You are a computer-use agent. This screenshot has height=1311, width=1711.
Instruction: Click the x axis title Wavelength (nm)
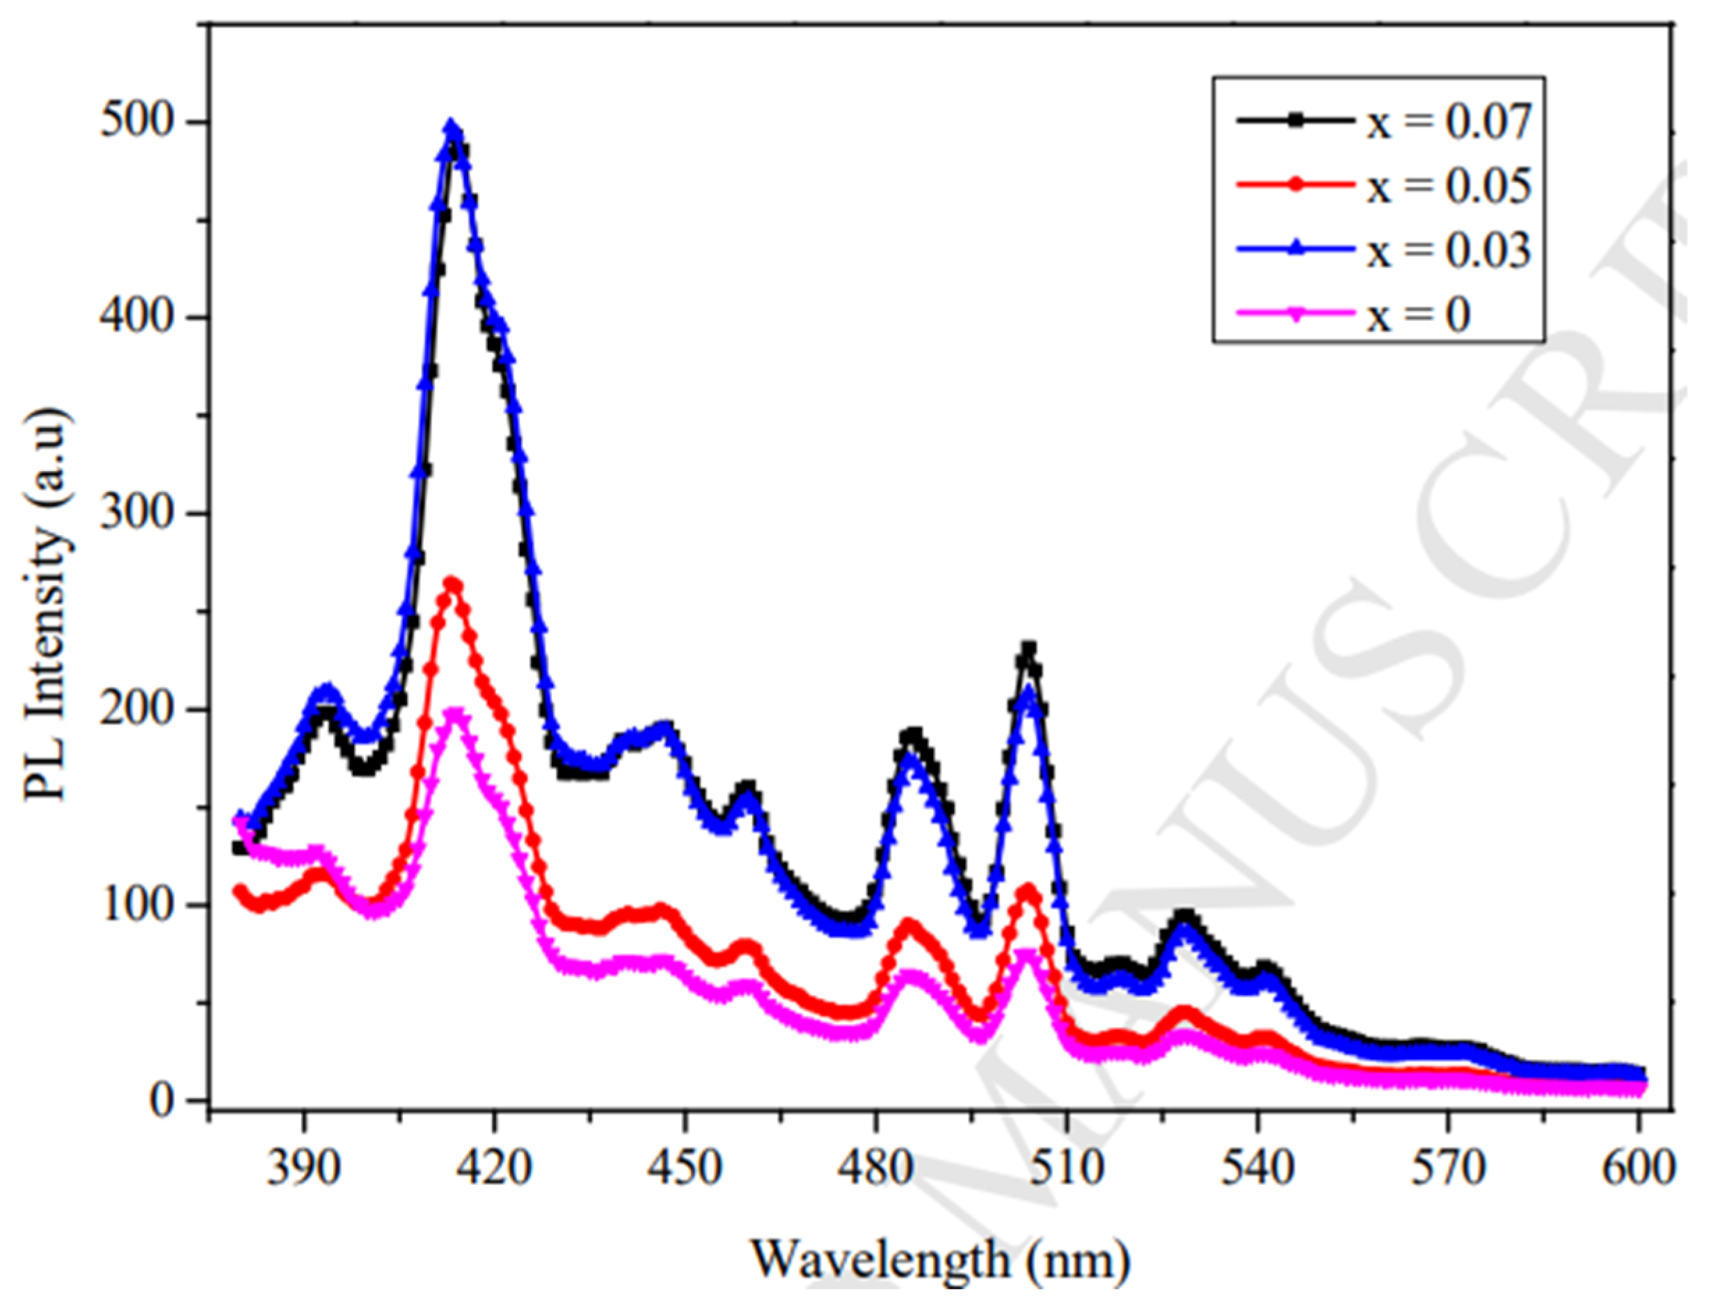[x=940, y=1258]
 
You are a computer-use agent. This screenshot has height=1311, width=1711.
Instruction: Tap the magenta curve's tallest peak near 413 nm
[x=452, y=713]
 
